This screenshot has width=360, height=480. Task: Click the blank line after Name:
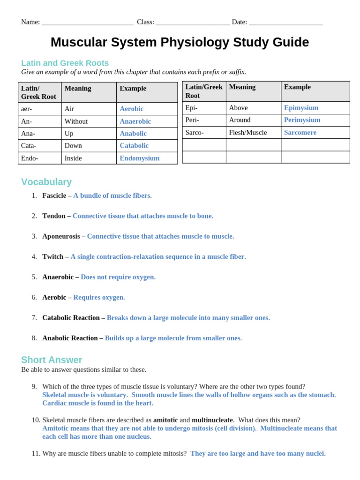[x=88, y=22]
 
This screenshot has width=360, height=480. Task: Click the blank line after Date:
[x=285, y=22]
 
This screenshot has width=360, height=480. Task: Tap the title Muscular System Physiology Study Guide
[x=180, y=42]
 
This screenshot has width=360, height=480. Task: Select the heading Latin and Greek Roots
[x=65, y=63]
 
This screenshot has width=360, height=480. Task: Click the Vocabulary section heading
[x=46, y=182]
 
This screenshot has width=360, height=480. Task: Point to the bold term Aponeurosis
[x=61, y=236]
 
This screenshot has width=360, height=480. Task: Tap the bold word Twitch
[x=52, y=257]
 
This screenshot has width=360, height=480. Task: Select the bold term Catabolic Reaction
[x=71, y=318]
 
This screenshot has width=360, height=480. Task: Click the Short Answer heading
[x=52, y=360]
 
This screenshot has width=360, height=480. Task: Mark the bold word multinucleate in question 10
[x=212, y=420]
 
